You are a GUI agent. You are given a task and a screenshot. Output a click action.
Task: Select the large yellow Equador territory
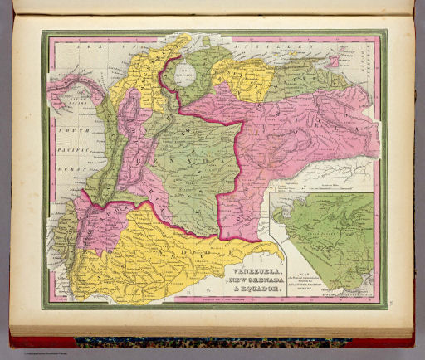(x=166, y=257)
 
